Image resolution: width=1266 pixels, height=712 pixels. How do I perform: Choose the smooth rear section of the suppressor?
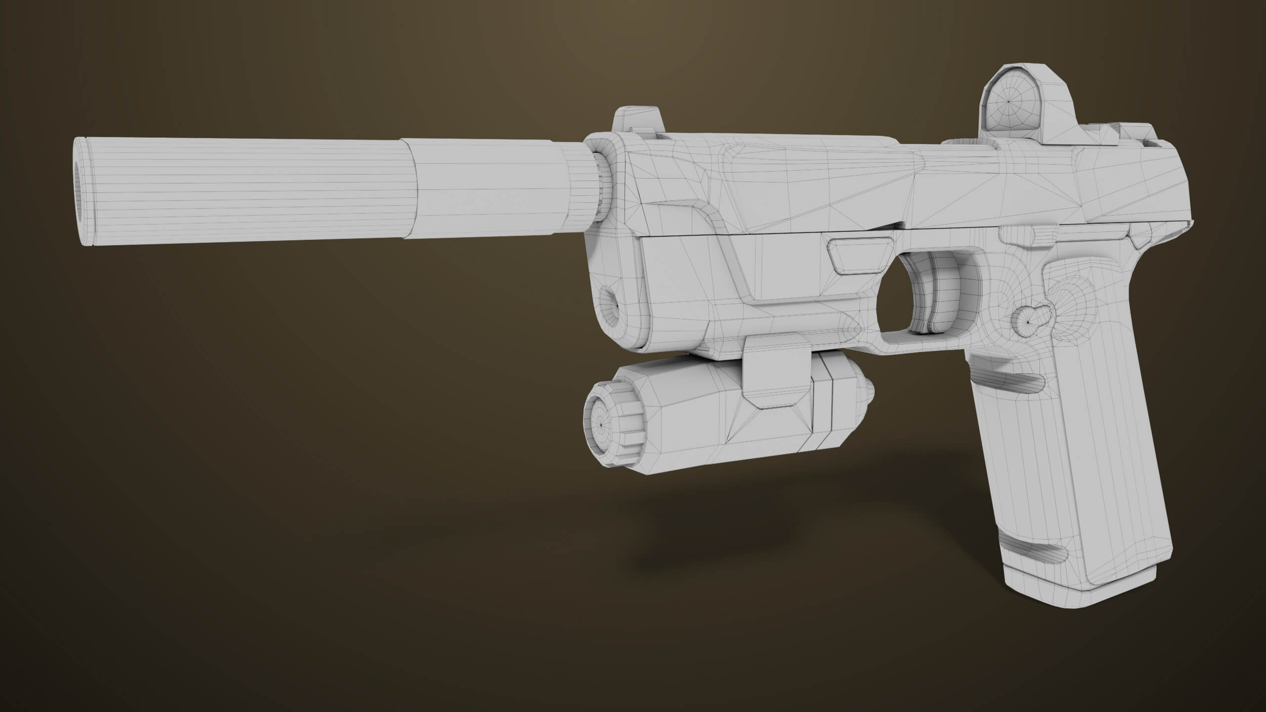click(x=490, y=190)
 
